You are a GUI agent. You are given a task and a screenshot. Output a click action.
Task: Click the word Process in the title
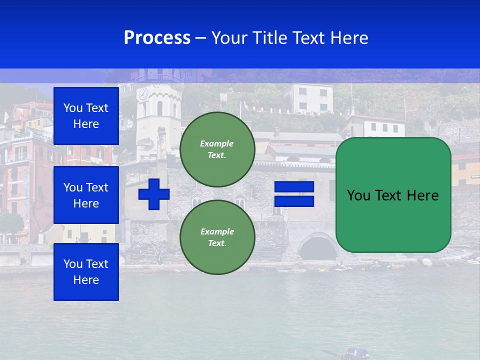(x=157, y=38)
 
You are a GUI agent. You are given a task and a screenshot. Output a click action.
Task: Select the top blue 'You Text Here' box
(x=86, y=116)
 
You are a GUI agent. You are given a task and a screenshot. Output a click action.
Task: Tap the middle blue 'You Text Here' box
(x=86, y=195)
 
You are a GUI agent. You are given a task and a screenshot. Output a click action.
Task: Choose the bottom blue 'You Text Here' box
(x=86, y=271)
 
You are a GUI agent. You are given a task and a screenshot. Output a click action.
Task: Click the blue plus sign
(x=154, y=194)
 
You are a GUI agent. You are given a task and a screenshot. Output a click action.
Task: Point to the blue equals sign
(x=294, y=194)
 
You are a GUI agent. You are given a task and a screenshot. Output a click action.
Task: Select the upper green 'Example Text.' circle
(x=217, y=149)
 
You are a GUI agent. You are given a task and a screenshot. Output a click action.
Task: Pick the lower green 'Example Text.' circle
(x=217, y=237)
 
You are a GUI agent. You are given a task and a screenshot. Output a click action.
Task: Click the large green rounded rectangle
(x=393, y=195)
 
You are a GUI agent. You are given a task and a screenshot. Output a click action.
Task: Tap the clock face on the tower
(x=143, y=93)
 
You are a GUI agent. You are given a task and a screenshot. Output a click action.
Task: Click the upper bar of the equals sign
(x=294, y=187)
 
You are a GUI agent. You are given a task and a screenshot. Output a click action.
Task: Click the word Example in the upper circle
(x=216, y=143)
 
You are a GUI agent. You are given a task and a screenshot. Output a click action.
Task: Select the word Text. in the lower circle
(x=217, y=243)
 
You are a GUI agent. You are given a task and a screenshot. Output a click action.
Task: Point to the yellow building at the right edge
(x=465, y=169)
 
